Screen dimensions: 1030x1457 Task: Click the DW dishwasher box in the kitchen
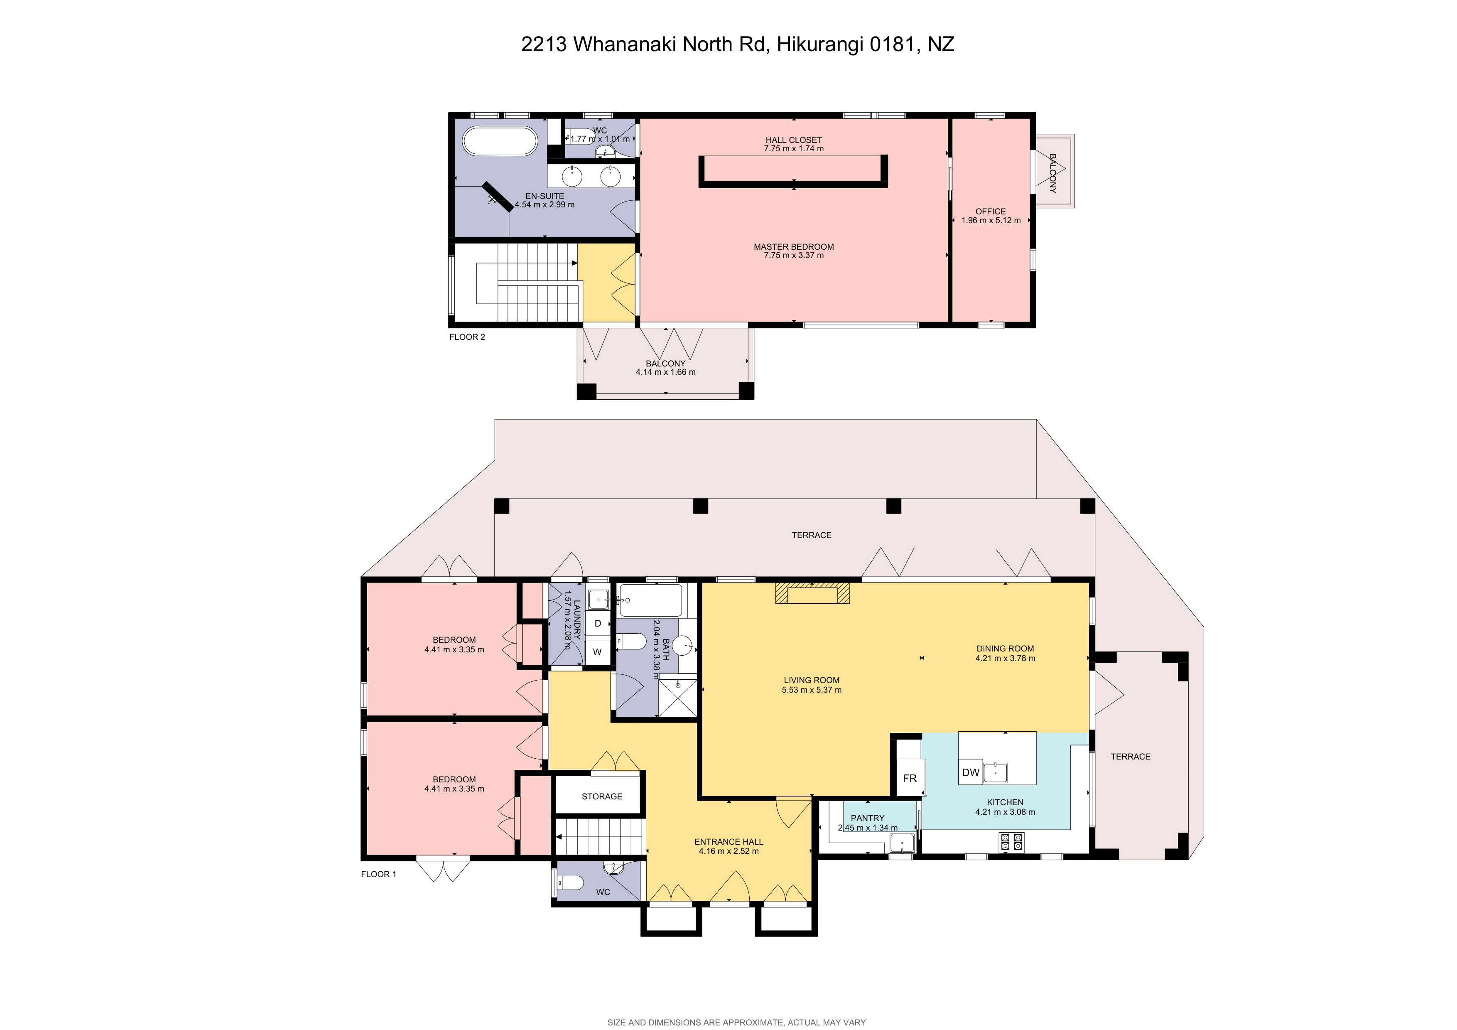(x=970, y=772)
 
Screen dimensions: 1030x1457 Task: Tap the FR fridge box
(x=909, y=778)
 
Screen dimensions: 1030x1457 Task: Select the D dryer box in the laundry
(x=597, y=623)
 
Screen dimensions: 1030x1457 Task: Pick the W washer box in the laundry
(x=597, y=652)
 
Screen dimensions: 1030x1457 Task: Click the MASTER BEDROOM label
(x=793, y=247)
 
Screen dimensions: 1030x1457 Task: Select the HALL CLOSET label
(x=793, y=140)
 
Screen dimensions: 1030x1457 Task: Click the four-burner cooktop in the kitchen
(x=1011, y=841)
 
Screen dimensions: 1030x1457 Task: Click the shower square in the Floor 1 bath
(x=678, y=697)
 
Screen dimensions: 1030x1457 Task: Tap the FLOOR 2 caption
(x=467, y=337)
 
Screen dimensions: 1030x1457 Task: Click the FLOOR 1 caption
(x=378, y=874)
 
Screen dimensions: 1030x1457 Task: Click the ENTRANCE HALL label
(x=728, y=841)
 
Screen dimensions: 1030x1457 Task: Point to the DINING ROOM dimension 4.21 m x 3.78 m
(x=1005, y=658)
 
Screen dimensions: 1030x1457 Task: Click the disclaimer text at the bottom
(x=736, y=1022)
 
